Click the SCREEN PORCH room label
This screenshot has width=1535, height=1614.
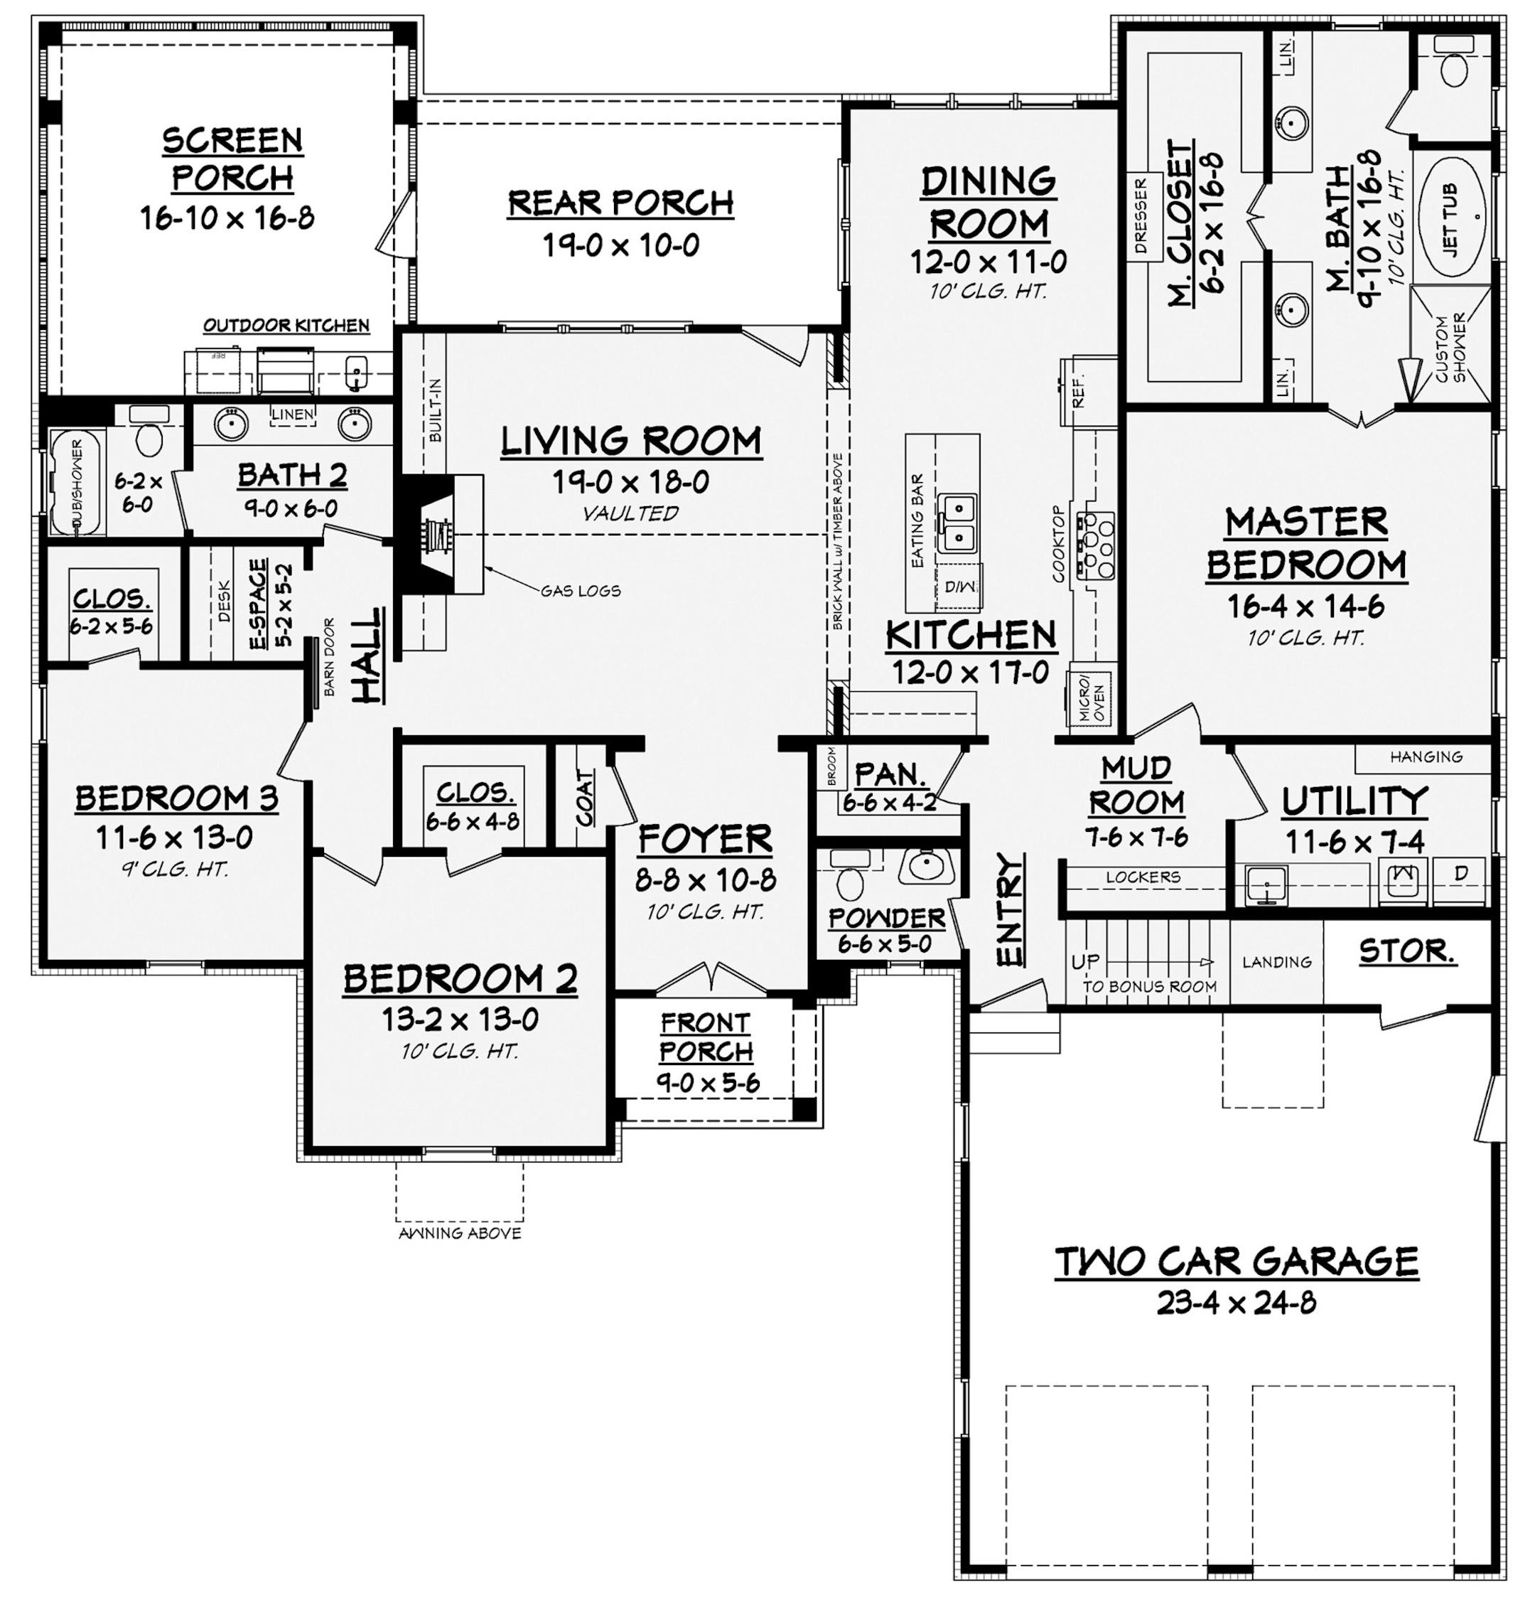[x=232, y=159]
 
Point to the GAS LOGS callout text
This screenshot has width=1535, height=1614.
[x=580, y=590]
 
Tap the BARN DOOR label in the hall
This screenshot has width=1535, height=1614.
[x=330, y=667]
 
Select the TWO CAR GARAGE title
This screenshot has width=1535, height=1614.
[x=1236, y=1261]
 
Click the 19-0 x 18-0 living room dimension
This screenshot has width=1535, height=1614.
[x=630, y=482]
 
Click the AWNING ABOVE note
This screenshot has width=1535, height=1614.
[x=459, y=1234]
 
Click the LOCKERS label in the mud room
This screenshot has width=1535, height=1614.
[x=1142, y=877]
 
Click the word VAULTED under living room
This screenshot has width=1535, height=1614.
[x=630, y=513]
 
